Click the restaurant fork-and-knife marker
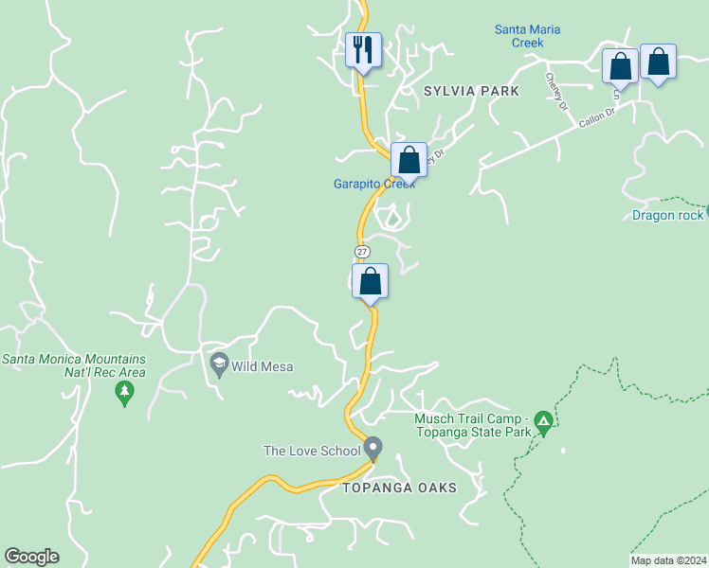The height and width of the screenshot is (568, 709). pos(362,49)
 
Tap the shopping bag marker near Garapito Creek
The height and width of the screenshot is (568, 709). pos(409,159)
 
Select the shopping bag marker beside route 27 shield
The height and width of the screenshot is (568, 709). pos(370,281)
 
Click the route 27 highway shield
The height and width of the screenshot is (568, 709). pos(362,251)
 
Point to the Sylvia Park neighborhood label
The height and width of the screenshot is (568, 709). pos(471,91)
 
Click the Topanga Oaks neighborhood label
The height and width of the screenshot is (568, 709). pos(400,488)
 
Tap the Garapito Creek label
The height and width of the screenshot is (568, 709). pos(374,184)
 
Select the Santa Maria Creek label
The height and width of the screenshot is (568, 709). pos(527,36)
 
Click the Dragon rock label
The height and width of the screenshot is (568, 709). pos(667,215)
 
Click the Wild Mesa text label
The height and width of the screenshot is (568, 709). pos(264,366)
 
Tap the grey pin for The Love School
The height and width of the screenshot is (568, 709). pos(373,447)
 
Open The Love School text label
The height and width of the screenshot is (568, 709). pos(312,451)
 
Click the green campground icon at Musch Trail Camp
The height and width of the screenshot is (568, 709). pos(543,419)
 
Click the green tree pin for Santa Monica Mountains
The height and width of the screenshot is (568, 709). pos(123,393)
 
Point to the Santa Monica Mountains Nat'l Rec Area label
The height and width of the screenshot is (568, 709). pos(74,365)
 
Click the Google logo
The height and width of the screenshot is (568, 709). pos(31,557)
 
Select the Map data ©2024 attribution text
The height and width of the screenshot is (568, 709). pos(669,560)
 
